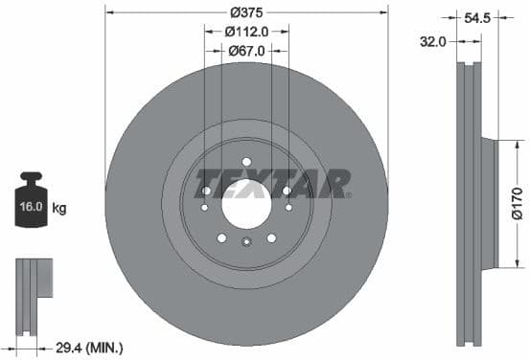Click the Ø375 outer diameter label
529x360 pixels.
pos(246,12)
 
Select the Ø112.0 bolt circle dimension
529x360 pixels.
pos(246,31)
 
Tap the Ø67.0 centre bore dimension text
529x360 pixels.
pos(246,50)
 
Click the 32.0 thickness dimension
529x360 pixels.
pos(435,41)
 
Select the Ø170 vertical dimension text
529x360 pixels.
pos(517,203)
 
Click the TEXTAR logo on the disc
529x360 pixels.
pos(273,181)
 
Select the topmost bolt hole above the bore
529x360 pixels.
pos(246,161)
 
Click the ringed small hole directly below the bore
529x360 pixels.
pos(246,243)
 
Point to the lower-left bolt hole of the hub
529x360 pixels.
pos(221,236)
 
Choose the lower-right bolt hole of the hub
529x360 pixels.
pos(271,236)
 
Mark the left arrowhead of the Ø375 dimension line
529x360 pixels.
pos(108,12)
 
